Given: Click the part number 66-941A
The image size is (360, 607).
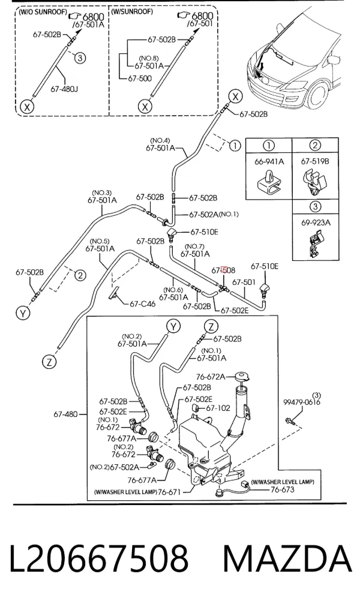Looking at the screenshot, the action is [269, 161].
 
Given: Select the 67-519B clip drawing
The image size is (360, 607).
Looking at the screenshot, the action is [314, 182].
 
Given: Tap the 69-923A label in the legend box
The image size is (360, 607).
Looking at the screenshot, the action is [316, 223].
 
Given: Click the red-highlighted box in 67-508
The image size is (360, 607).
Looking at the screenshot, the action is [224, 270].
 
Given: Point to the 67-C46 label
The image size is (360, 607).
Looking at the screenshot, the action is [142, 304].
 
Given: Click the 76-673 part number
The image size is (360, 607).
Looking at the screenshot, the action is [282, 489].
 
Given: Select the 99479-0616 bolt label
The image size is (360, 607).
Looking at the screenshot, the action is [302, 402].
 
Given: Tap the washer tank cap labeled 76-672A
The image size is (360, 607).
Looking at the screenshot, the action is [242, 376].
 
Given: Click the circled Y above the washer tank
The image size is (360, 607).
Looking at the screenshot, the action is [173, 327].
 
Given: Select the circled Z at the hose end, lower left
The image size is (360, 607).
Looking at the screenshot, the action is [49, 362].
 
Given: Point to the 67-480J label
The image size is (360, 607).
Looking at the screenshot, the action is [64, 89].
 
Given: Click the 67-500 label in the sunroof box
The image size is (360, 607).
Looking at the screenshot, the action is [140, 78].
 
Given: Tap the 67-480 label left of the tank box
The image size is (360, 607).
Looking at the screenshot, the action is [65, 414].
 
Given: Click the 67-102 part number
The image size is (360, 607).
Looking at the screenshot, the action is [218, 408].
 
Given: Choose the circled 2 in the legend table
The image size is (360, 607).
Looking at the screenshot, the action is [315, 146].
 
